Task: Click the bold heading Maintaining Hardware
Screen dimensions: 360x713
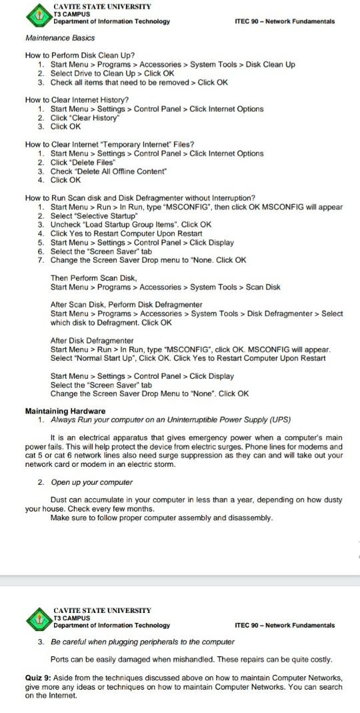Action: click(x=65, y=410)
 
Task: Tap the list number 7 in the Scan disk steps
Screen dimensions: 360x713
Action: click(x=41, y=260)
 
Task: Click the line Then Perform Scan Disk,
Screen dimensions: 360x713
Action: click(x=93, y=277)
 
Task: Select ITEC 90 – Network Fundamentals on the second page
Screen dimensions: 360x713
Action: click(x=285, y=625)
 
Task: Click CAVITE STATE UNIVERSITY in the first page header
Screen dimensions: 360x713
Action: click(x=102, y=6)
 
